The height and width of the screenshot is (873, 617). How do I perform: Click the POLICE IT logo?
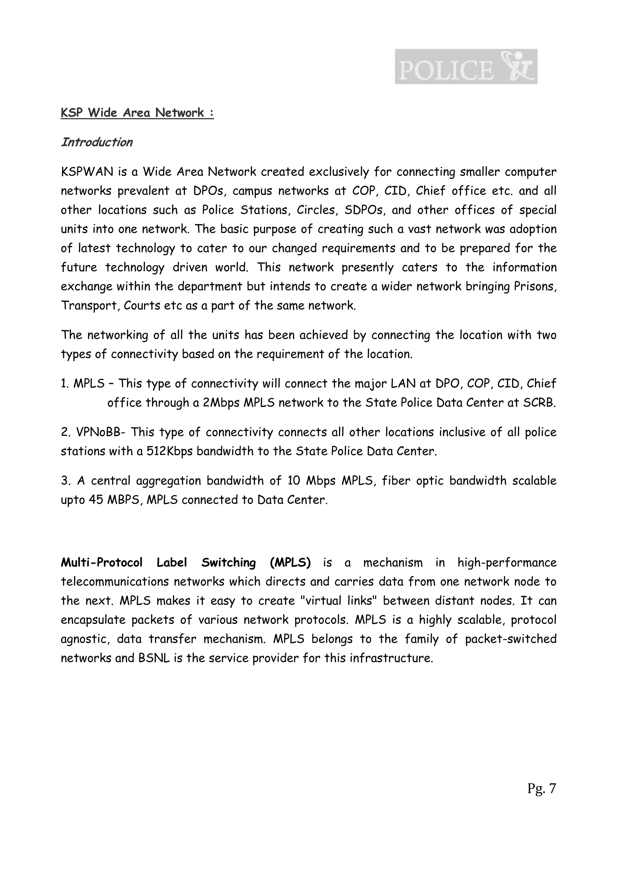point(466,67)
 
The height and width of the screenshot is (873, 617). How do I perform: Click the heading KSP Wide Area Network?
point(137,113)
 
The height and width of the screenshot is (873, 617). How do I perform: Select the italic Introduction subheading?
point(97,142)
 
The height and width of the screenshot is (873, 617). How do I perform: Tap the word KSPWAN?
point(87,172)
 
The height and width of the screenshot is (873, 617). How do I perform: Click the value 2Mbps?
point(221,403)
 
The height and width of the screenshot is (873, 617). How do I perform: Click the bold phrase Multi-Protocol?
point(102,562)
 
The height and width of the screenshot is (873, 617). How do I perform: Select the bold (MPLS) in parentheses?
point(290,562)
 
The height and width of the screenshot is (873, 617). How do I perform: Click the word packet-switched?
point(511,639)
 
